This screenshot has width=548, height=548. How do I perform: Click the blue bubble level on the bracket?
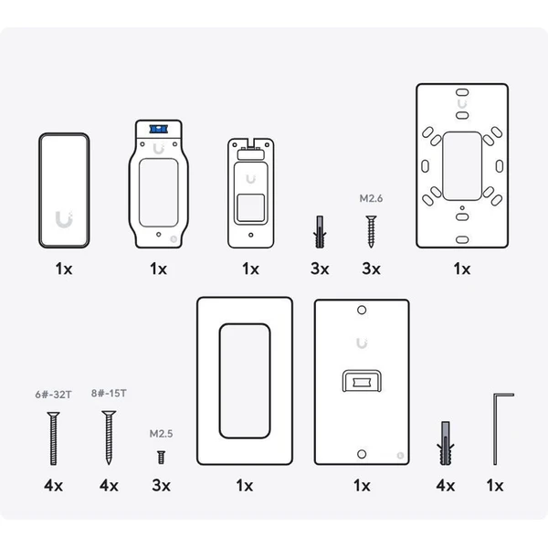[x=158, y=129]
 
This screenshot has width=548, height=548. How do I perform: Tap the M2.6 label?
[x=371, y=198]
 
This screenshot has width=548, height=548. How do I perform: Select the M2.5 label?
[x=161, y=434]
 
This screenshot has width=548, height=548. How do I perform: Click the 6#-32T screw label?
[x=54, y=395]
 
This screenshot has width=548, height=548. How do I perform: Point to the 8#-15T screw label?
[x=109, y=393]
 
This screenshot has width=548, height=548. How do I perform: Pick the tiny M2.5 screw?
[x=161, y=458]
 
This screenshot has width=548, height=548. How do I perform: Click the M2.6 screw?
[x=371, y=231]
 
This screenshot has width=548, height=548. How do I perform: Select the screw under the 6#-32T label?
[x=54, y=438]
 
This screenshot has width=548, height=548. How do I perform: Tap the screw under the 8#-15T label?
[x=109, y=437]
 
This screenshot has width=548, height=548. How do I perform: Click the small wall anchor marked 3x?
[x=320, y=232]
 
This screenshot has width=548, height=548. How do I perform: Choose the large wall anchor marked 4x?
[x=446, y=443]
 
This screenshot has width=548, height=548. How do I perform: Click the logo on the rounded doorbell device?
[x=64, y=219]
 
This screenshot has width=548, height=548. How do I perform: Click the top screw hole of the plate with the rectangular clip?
[x=362, y=310]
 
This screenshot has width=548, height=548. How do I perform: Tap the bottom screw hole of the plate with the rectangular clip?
[x=362, y=454]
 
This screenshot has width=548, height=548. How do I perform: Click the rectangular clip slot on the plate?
[x=362, y=381]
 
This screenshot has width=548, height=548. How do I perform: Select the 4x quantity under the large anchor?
[x=446, y=486]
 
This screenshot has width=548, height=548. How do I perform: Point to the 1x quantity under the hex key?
[x=495, y=486]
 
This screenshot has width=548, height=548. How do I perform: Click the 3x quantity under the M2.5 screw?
[x=161, y=486]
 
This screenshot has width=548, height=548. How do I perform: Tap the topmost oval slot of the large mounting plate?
[x=462, y=92]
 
